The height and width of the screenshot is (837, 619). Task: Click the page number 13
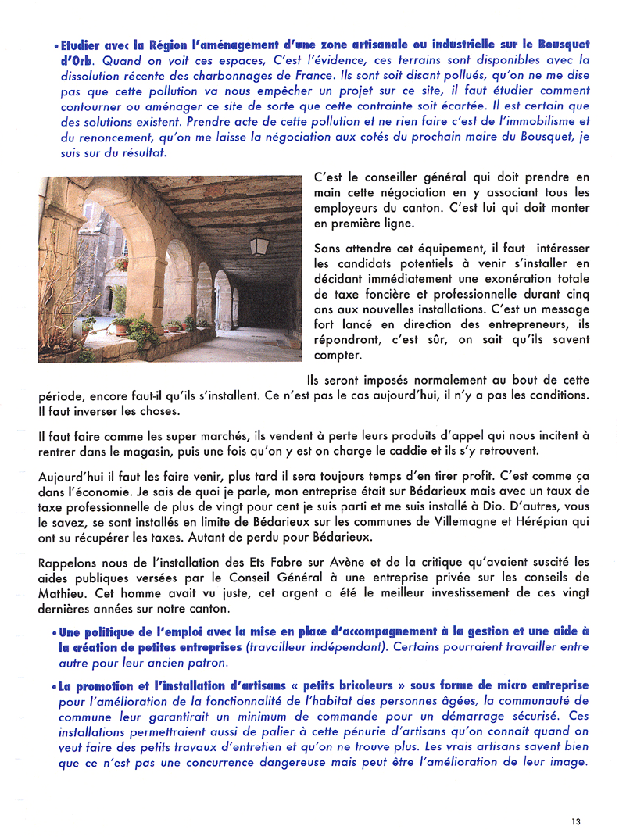coord(576,821)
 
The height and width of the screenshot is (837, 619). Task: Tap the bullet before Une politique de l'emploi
coord(55,632)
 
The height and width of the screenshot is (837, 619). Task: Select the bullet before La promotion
coord(55,685)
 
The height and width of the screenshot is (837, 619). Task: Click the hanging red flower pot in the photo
coord(122,263)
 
